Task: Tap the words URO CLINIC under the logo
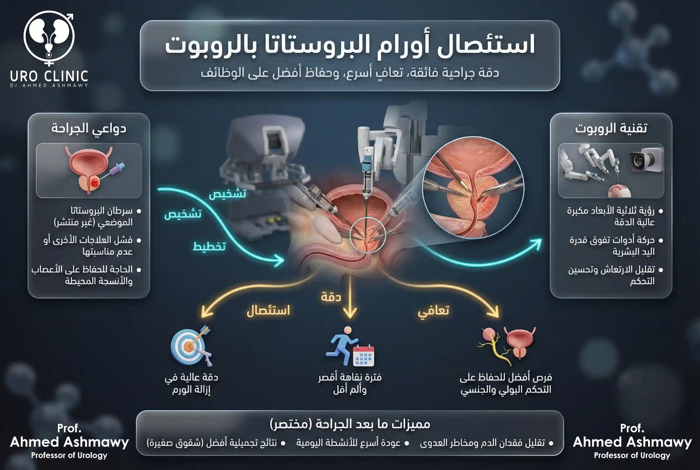click(x=49, y=76)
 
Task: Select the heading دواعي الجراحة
click(x=89, y=128)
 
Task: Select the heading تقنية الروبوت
click(x=611, y=128)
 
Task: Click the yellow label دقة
click(x=331, y=297)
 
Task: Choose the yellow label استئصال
click(x=268, y=310)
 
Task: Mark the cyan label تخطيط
click(x=209, y=246)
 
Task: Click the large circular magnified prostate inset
click(x=473, y=187)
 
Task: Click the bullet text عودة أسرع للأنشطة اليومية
click(x=348, y=443)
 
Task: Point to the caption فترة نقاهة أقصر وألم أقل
click(x=350, y=383)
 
